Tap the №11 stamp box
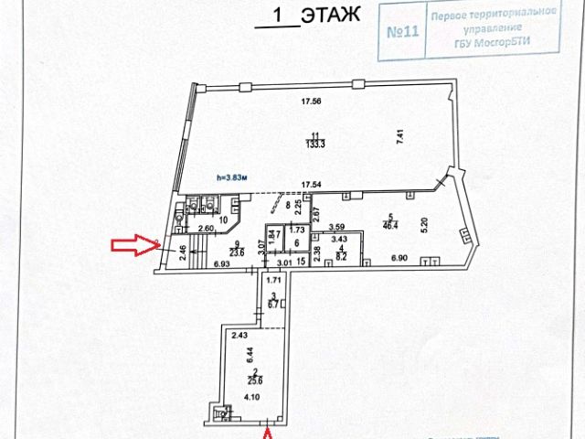pos(402,34)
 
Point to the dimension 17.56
pos(318,102)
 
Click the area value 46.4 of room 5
pos(389,223)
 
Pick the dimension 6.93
pos(221,264)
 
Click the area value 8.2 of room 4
pos(339,259)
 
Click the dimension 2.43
pos(239,336)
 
